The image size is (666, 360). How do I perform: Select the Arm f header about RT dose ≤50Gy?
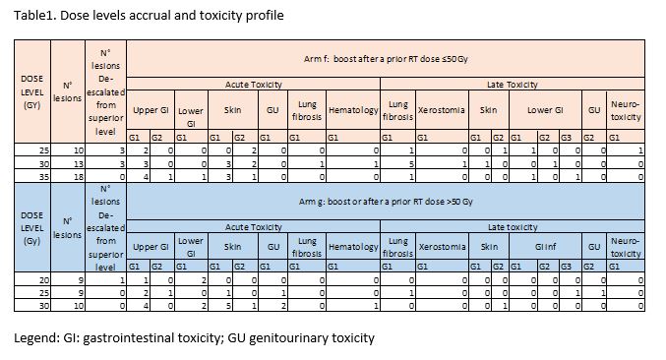pyautogui.click(x=386, y=59)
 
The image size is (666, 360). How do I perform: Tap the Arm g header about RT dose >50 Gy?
pyautogui.click(x=386, y=202)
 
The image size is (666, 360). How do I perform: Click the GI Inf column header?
pyautogui.click(x=545, y=247)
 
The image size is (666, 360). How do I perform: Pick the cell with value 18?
pyautogui.click(x=79, y=177)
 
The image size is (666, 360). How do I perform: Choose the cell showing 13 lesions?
pyautogui.click(x=79, y=163)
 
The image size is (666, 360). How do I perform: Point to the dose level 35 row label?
pyautogui.click(x=44, y=177)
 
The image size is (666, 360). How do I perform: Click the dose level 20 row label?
pyautogui.click(x=44, y=280)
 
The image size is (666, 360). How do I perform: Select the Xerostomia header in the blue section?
pyautogui.click(x=442, y=247)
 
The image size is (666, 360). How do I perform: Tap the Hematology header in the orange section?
pyautogui.click(x=353, y=110)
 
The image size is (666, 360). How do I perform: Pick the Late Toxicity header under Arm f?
pyautogui.click(x=513, y=84)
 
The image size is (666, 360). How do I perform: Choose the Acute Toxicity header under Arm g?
pyautogui.click(x=254, y=227)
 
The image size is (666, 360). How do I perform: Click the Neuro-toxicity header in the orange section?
pyautogui.click(x=626, y=110)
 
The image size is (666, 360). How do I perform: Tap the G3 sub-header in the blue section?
pyautogui.click(x=566, y=267)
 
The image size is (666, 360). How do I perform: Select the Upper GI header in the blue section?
pyautogui.click(x=151, y=247)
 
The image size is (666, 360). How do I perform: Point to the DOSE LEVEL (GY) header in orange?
pyautogui.click(x=32, y=91)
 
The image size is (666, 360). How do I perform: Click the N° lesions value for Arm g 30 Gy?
pyautogui.click(x=79, y=306)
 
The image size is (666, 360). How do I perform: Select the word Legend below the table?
pyautogui.click(x=34, y=338)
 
